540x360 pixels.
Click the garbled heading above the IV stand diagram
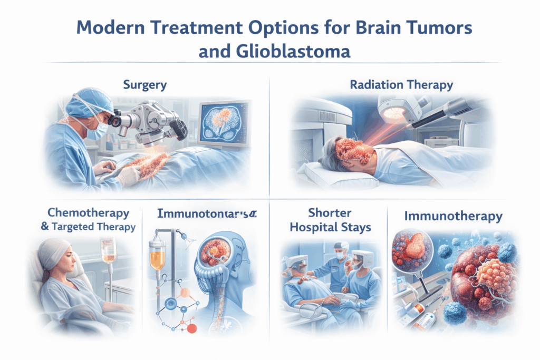[x=206, y=214]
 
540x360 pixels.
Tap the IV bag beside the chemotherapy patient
[x=109, y=248]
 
